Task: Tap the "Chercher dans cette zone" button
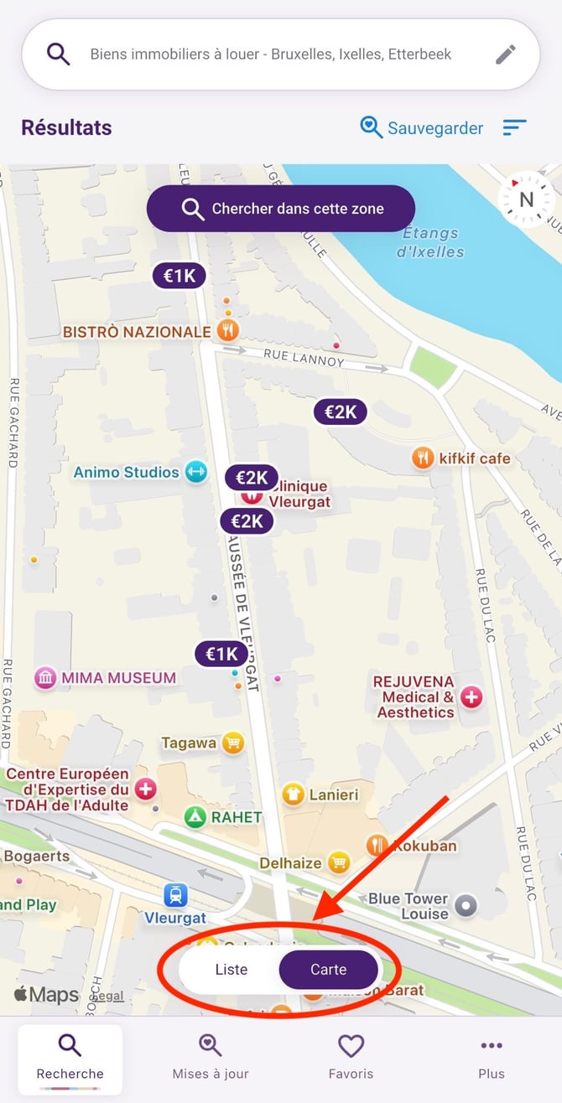click(x=280, y=209)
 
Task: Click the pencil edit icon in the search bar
click(x=505, y=54)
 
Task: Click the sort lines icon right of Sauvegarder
click(x=514, y=127)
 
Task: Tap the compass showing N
click(x=526, y=199)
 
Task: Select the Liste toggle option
click(x=232, y=969)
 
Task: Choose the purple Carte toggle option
click(x=328, y=969)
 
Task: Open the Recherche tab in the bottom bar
click(x=70, y=1057)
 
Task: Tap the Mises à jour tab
click(x=211, y=1057)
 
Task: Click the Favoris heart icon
click(x=351, y=1046)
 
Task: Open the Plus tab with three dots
click(x=492, y=1057)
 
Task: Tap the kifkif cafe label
click(x=474, y=458)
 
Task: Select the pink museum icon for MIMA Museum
click(x=45, y=678)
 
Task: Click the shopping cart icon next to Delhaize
click(x=339, y=862)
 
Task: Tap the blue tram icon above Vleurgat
click(x=175, y=895)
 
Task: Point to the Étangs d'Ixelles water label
click(x=430, y=241)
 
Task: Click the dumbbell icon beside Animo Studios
click(x=195, y=471)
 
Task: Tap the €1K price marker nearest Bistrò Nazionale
click(x=179, y=276)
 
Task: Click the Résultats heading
click(x=66, y=128)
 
